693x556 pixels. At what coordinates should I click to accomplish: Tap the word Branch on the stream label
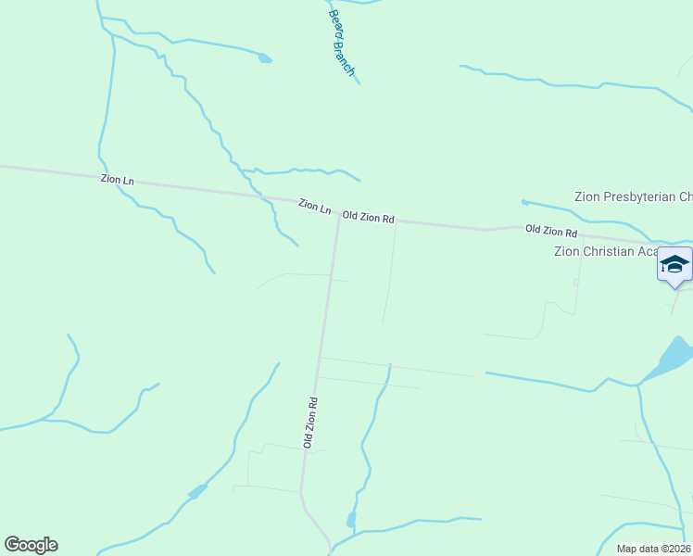[345, 58]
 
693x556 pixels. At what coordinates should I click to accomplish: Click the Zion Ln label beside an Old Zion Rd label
[315, 206]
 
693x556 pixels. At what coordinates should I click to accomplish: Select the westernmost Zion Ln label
[118, 179]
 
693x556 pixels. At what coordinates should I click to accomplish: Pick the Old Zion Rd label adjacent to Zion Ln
[369, 217]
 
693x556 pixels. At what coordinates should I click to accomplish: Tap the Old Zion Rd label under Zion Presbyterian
[551, 230]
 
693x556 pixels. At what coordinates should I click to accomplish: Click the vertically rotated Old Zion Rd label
[311, 423]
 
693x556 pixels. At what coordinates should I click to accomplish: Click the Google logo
[31, 545]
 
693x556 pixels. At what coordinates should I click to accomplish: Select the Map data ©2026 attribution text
[653, 549]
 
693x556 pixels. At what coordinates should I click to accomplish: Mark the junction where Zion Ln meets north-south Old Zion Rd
[337, 219]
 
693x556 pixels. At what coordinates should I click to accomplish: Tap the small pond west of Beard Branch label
[266, 58]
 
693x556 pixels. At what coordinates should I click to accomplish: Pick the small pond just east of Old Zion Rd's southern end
[351, 519]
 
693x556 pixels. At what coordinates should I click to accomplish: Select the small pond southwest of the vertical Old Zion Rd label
[197, 490]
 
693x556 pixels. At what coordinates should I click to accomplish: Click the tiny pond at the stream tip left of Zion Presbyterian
[524, 202]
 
